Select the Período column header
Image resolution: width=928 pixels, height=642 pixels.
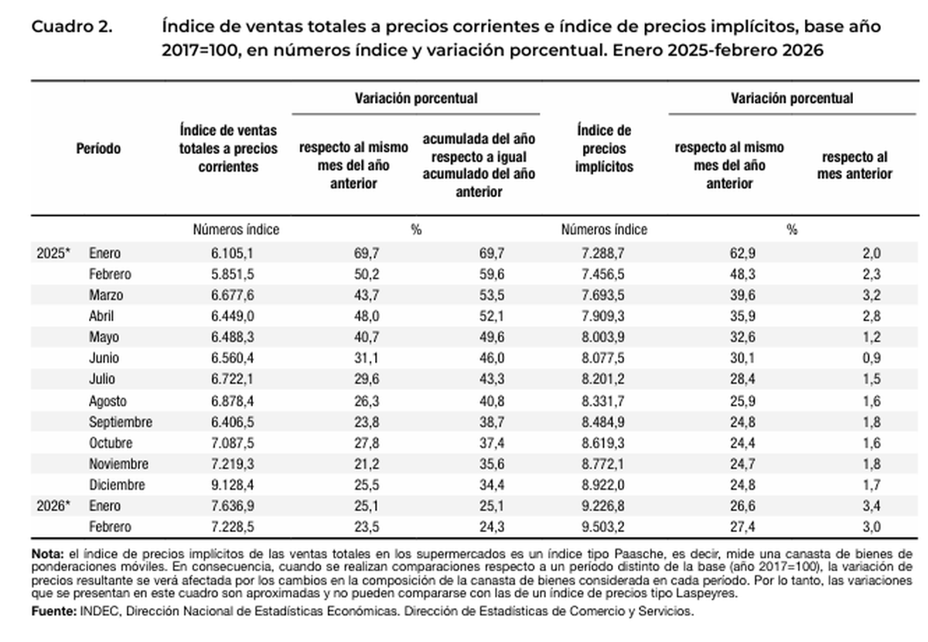coord(98,149)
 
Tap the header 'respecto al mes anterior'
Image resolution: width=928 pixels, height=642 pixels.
coord(855,165)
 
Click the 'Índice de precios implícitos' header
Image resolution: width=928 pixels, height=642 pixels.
coord(604,149)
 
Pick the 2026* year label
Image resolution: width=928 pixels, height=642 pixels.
coord(53,506)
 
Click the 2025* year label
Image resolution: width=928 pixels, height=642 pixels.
coord(53,253)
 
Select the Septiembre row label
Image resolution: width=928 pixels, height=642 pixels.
coord(121,422)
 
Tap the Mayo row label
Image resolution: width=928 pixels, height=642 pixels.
coord(104,337)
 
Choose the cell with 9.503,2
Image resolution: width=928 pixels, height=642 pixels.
coord(604,527)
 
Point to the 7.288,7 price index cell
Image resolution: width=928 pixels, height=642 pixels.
coord(604,253)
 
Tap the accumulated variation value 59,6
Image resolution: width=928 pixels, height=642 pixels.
coord(478,274)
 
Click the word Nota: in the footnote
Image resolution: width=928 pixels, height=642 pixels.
coord(46,555)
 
